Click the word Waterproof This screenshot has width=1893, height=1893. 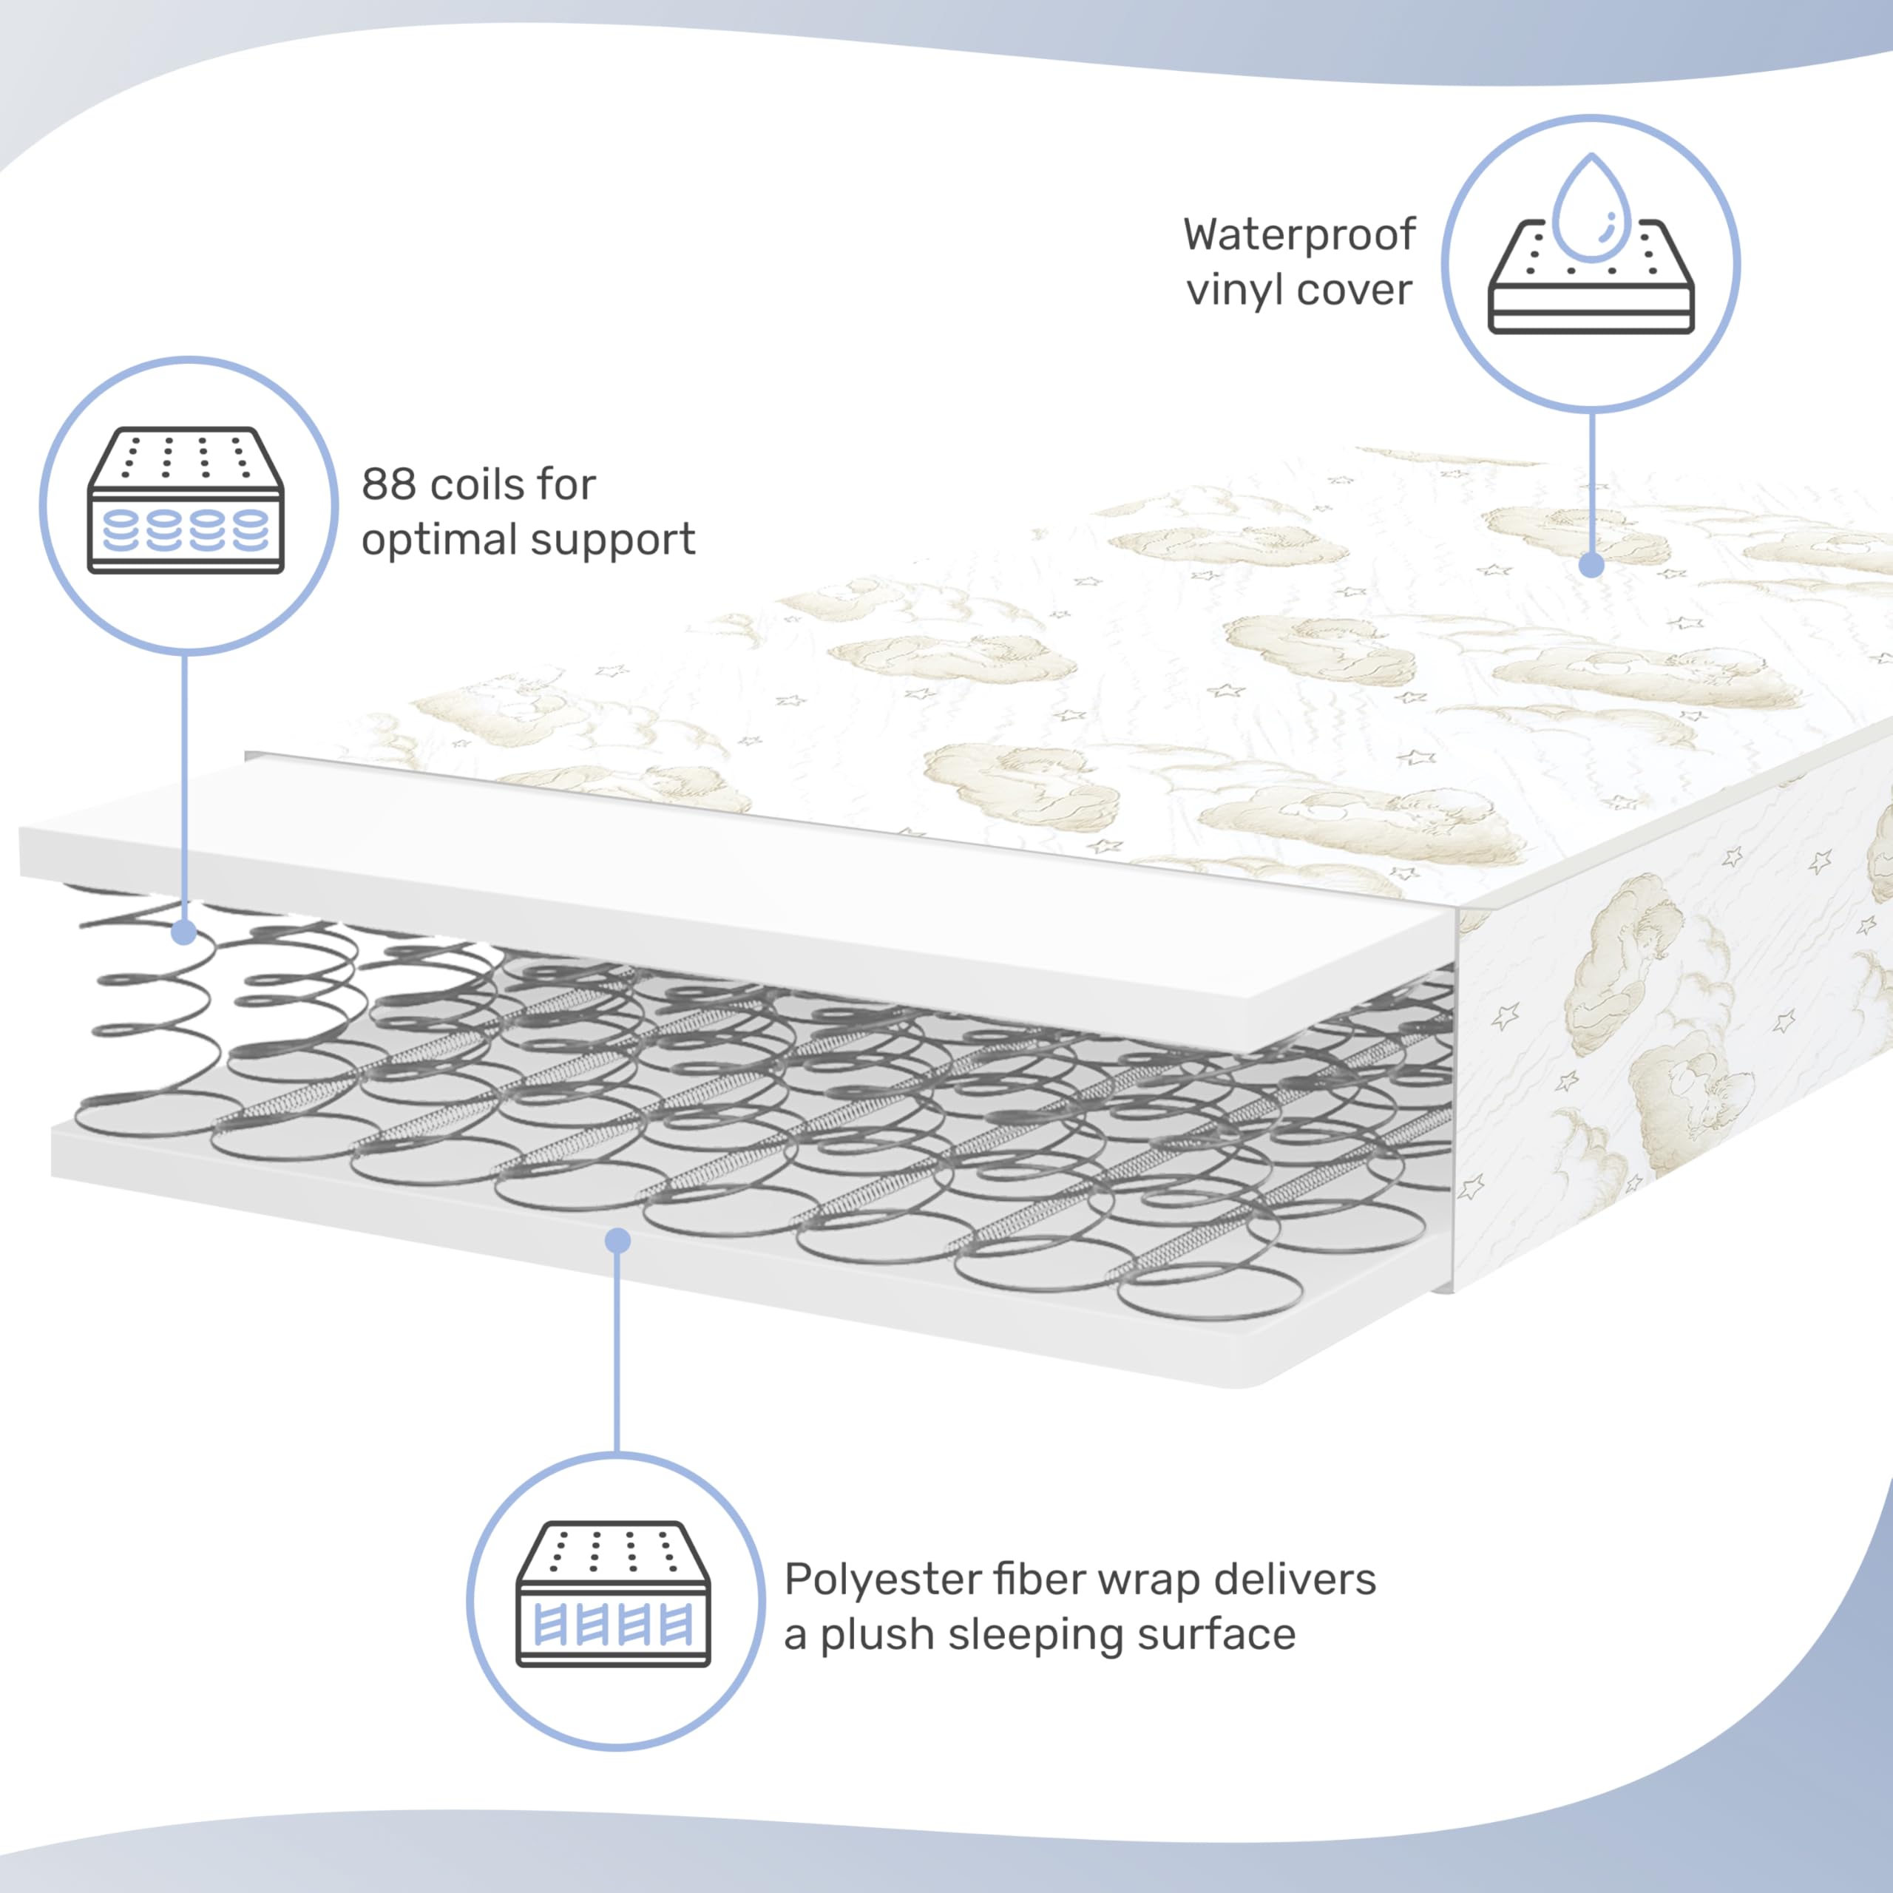coord(1298,235)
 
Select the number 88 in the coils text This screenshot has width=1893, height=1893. coord(387,484)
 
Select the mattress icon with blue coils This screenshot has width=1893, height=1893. coord(186,500)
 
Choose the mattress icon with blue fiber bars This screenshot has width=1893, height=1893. coord(613,1594)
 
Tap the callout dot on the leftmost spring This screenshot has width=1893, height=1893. coord(183,932)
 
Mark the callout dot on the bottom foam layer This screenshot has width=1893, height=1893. coord(617,1242)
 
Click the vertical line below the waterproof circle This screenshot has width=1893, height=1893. coord(1592,480)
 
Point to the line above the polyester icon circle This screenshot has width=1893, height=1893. coord(617,1352)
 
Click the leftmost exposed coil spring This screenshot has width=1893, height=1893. coord(147,1019)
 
